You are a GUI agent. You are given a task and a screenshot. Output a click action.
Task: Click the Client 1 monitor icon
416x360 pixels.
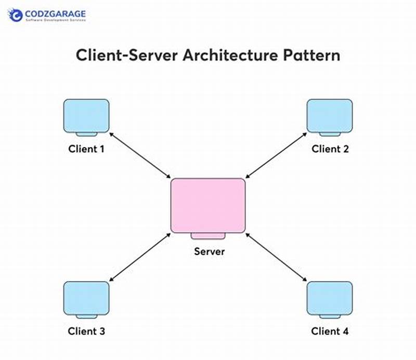pos(86,116)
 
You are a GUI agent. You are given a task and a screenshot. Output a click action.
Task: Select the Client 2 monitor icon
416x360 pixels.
pos(330,116)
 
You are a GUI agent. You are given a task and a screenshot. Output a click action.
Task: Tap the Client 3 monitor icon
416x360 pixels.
pos(86,298)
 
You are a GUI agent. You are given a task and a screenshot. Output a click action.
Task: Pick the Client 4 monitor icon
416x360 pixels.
pos(330,298)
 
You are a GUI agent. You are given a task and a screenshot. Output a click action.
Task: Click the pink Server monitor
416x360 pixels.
pos(208,206)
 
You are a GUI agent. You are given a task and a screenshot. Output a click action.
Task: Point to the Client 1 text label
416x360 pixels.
pos(86,149)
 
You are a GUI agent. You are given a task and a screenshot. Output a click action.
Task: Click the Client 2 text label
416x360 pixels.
pos(330,149)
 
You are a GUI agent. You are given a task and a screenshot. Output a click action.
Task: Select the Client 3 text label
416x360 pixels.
pos(86,331)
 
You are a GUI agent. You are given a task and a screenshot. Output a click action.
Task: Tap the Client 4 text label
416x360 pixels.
pos(330,331)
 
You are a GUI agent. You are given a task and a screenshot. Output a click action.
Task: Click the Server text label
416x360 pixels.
pos(210,251)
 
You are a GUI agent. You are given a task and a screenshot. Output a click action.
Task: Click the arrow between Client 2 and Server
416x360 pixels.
pos(276,155)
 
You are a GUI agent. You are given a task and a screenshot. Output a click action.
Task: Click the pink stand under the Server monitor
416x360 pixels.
pos(208,236)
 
